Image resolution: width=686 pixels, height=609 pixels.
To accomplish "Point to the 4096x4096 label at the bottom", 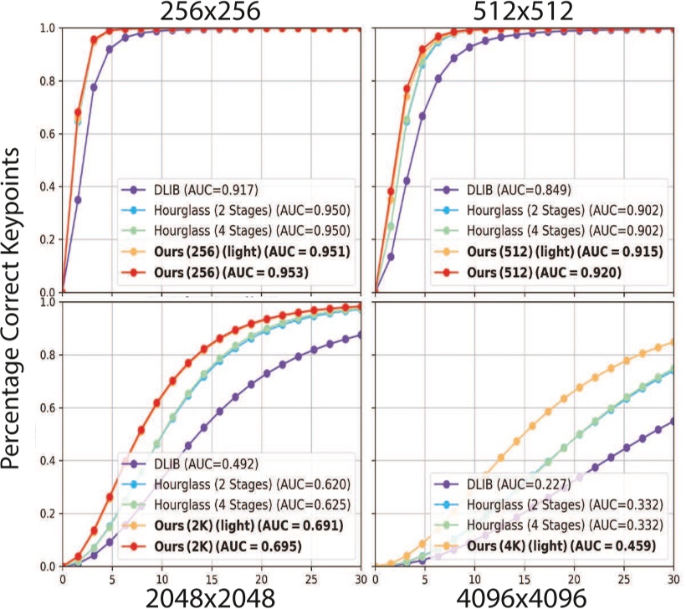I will pyautogui.click(x=525, y=596).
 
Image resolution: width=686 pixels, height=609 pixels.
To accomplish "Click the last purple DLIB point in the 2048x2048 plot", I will pyautogui.click(x=361, y=335).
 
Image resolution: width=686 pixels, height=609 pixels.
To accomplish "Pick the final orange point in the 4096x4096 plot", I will pyautogui.click(x=674, y=341).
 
